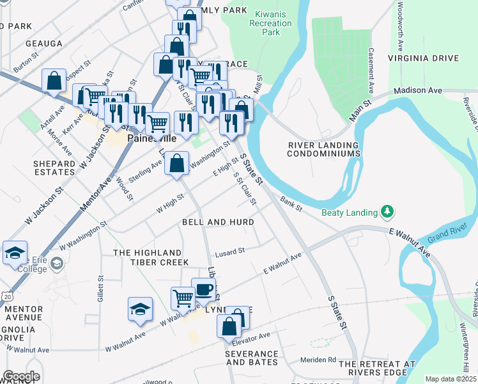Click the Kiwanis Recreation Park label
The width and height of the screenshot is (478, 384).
(x=272, y=23)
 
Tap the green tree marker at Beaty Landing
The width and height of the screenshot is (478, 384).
(x=387, y=211)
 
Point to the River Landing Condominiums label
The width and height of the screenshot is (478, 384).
(x=323, y=150)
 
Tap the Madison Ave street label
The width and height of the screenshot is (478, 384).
(x=418, y=91)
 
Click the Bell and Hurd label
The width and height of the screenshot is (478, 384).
(x=218, y=222)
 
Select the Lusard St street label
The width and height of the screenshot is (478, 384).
(x=230, y=252)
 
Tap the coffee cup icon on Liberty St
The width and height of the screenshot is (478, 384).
(x=203, y=289)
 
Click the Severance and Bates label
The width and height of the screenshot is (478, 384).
(x=251, y=358)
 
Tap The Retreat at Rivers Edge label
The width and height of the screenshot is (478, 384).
(x=377, y=368)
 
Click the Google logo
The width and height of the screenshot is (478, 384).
(x=20, y=376)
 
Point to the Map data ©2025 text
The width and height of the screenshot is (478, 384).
(x=450, y=379)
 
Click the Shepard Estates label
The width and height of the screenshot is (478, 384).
(x=54, y=168)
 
